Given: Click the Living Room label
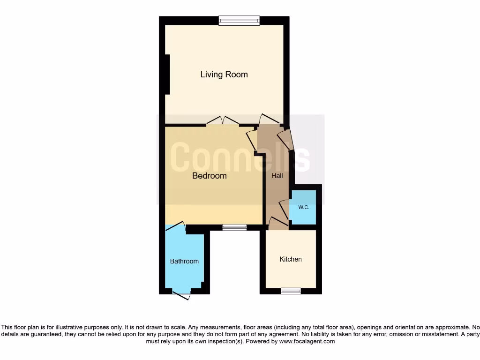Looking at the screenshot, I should tap(224, 75).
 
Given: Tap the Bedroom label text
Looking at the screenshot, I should tap(210, 176).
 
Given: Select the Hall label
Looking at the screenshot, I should tap(277, 176).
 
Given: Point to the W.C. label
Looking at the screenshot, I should tap(304, 207).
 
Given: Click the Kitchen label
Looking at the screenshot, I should tap(291, 259).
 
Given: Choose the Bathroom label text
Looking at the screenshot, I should tap(184, 261).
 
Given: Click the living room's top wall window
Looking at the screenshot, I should tap(239, 20).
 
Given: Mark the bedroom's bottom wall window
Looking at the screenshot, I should tap(234, 227).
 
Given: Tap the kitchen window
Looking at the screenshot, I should tap(291, 291).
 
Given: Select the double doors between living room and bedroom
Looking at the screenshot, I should tap(223, 120).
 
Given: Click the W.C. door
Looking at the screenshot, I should tap(284, 208).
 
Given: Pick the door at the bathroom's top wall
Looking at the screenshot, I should tap(175, 226).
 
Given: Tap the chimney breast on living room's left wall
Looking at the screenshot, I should tap(167, 75).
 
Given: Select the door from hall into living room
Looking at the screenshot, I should tap(270, 119).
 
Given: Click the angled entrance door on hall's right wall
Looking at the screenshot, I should tap(285, 139).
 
